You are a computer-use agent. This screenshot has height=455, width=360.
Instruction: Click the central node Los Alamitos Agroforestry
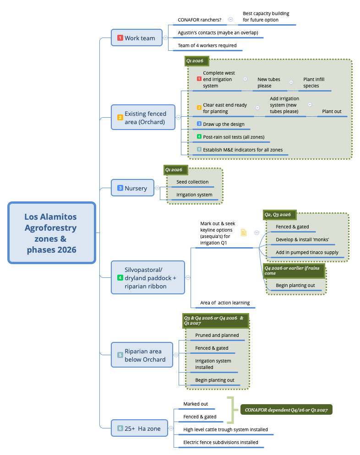click(x=51, y=233)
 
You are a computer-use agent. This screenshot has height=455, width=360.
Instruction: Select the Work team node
click(x=136, y=38)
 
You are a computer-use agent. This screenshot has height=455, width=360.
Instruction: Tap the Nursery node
click(x=133, y=188)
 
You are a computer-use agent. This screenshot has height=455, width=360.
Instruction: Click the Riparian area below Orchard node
click(x=142, y=355)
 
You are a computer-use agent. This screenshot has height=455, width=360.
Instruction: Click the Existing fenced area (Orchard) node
click(x=143, y=118)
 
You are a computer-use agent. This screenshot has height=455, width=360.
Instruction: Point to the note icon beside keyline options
click(x=244, y=233)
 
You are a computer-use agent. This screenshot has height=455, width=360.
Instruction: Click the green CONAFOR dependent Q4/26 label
click(x=286, y=410)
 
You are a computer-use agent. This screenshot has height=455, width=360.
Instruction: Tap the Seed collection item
click(x=192, y=182)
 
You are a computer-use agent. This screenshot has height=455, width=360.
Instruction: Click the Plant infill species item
click(x=314, y=82)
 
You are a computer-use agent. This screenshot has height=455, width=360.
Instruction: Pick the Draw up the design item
click(x=224, y=124)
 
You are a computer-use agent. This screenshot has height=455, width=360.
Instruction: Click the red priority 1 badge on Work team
click(x=120, y=38)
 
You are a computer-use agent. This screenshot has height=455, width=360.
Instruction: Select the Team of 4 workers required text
click(x=207, y=45)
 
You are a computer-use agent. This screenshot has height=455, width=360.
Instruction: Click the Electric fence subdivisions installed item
click(x=220, y=442)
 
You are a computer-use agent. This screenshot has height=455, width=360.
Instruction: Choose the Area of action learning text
click(x=225, y=303)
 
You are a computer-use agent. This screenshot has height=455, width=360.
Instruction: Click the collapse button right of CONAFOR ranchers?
click(x=230, y=20)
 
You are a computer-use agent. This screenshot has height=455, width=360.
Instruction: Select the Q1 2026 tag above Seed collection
click(x=174, y=170)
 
